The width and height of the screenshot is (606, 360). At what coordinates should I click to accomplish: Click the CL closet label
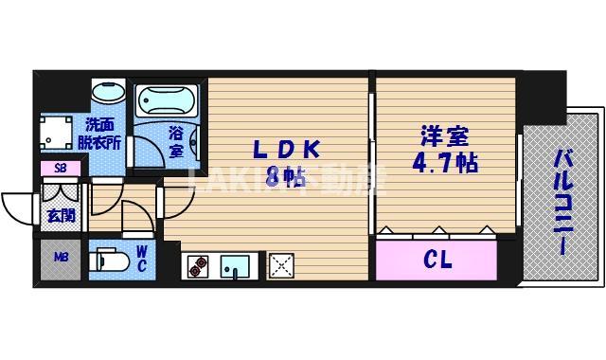click(436, 258)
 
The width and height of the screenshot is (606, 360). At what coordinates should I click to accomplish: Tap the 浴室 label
click(176, 141)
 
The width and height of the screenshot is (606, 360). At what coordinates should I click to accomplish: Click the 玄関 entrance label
click(62, 216)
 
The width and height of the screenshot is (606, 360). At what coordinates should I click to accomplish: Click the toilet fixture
click(107, 259)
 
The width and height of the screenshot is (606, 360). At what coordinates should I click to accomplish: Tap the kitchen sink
click(234, 267)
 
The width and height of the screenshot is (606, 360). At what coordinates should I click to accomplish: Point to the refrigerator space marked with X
click(281, 265)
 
